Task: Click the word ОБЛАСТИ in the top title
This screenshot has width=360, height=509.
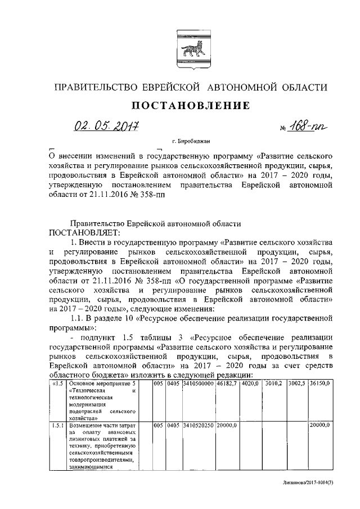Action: coord(301,87)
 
